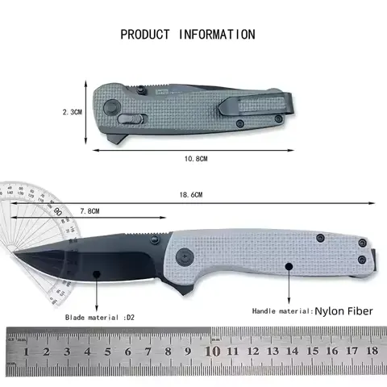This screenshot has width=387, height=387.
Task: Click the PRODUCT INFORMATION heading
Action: coord(188,35)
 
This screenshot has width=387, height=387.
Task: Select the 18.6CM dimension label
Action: coord(191,196)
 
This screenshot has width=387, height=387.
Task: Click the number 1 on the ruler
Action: coord(27,352)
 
